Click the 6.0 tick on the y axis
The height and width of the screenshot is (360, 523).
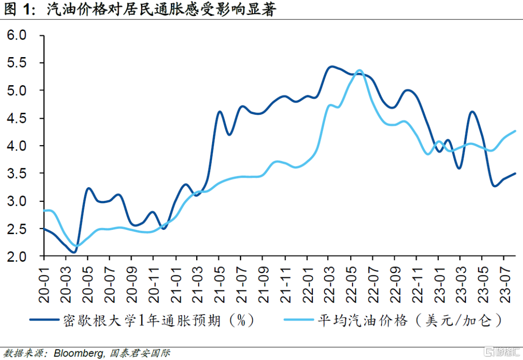[x=16, y=35]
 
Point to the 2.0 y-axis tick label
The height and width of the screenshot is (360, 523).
[x=16, y=256]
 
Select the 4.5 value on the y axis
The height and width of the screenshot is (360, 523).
[x=16, y=119]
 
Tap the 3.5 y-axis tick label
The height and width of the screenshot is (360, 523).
[x=16, y=174]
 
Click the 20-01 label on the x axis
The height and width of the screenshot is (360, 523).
[x=44, y=285]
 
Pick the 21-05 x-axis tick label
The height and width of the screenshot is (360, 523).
[x=219, y=285]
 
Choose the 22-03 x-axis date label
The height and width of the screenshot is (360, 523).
[x=329, y=285]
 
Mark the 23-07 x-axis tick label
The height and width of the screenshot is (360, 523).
[x=505, y=285]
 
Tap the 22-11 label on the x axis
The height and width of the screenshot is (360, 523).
[x=417, y=285]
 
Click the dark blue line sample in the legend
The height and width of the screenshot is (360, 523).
[x=45, y=320]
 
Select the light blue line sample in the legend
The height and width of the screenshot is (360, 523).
[x=298, y=320]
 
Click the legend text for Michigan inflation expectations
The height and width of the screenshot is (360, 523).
[x=159, y=320]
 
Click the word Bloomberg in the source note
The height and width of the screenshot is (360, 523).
[x=79, y=353]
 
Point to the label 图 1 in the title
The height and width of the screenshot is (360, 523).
[x=19, y=9]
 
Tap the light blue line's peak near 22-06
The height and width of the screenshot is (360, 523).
[x=359, y=70]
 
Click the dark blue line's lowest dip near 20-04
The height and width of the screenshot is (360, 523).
[x=74, y=252]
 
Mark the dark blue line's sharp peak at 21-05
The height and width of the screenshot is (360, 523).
[x=220, y=112]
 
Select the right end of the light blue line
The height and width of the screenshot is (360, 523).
[x=515, y=131]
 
